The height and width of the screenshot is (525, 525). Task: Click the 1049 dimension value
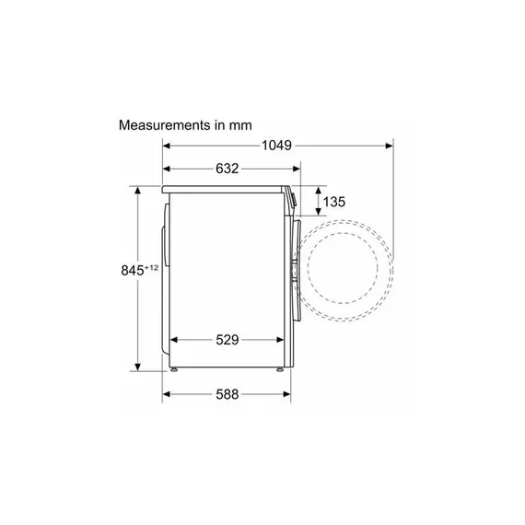click(276, 146)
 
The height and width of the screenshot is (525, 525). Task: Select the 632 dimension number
click(227, 169)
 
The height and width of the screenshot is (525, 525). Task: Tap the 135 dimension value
click(333, 202)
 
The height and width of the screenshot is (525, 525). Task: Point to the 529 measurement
click(227, 340)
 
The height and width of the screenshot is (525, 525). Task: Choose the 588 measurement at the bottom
click(227, 394)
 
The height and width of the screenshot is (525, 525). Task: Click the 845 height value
click(133, 271)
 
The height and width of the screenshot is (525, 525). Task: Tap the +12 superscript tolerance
click(151, 268)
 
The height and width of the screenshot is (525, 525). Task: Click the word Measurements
click(165, 125)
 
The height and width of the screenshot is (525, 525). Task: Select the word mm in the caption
click(240, 125)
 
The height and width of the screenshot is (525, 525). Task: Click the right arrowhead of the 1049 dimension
click(389, 146)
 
